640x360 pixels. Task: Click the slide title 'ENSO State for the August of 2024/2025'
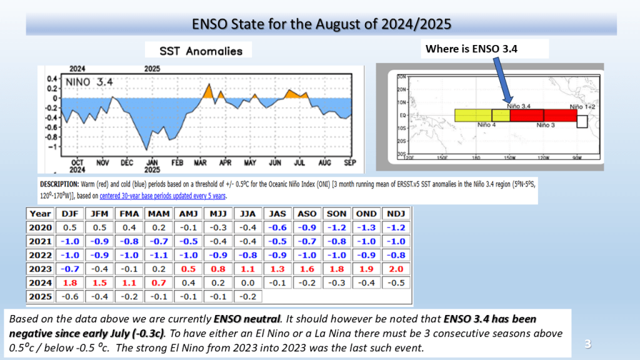pos(321,24)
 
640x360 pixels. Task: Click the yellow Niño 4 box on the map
pos(472,115)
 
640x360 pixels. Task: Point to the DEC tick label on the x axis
pos(126,162)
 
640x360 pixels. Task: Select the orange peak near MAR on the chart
pos(207,91)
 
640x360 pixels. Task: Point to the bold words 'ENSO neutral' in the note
pos(249,320)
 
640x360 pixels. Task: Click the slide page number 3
pos(587,344)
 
